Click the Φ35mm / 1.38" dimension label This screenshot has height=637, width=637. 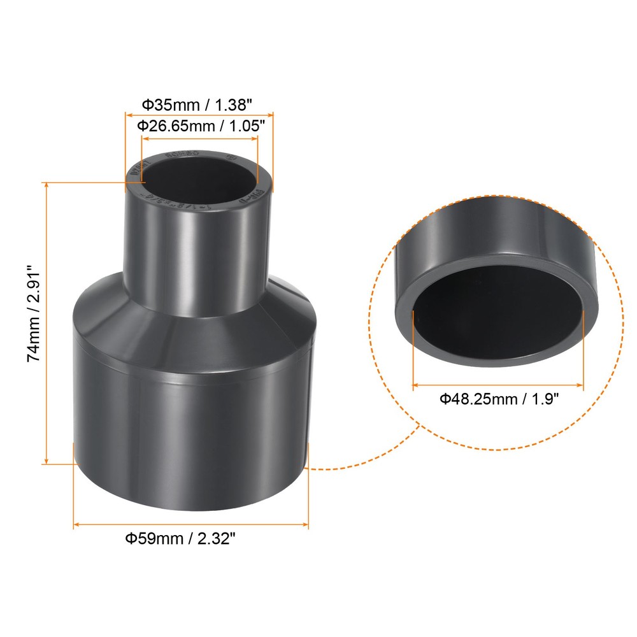coord(198,103)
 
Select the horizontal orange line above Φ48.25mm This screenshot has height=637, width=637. coord(497,385)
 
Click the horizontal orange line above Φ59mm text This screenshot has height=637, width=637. coord(191,524)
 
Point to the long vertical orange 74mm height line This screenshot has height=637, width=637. coord(47,322)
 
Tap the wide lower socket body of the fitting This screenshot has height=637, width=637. coord(191,433)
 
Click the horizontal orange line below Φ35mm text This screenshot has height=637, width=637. coord(198,115)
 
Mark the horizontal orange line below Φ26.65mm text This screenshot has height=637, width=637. coord(198,138)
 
